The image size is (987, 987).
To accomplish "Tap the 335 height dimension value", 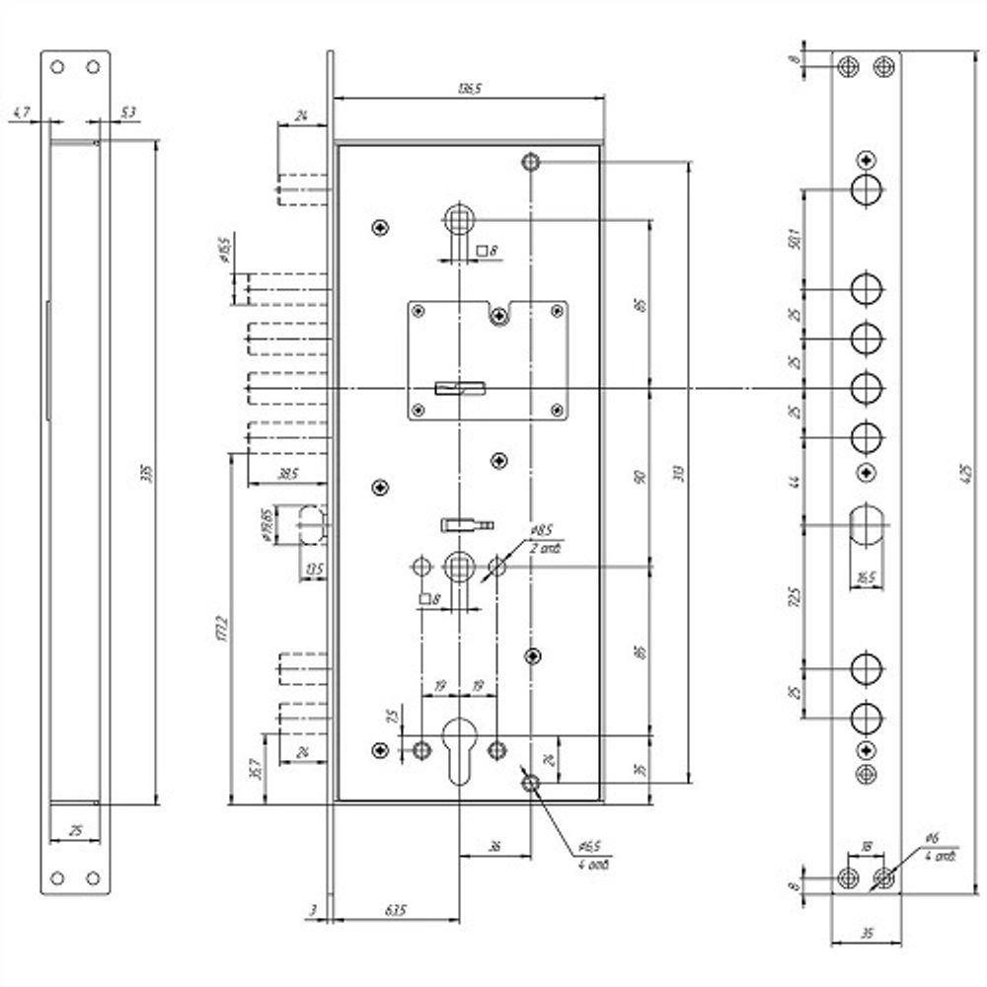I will point(148,475).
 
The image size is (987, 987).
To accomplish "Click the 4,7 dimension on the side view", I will point(21,114).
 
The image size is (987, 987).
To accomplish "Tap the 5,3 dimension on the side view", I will point(127,114).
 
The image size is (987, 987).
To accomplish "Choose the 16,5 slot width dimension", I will point(866,577).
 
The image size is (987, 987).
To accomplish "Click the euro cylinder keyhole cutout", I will point(459,747).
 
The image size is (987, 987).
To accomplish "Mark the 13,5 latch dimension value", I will point(315,569).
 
